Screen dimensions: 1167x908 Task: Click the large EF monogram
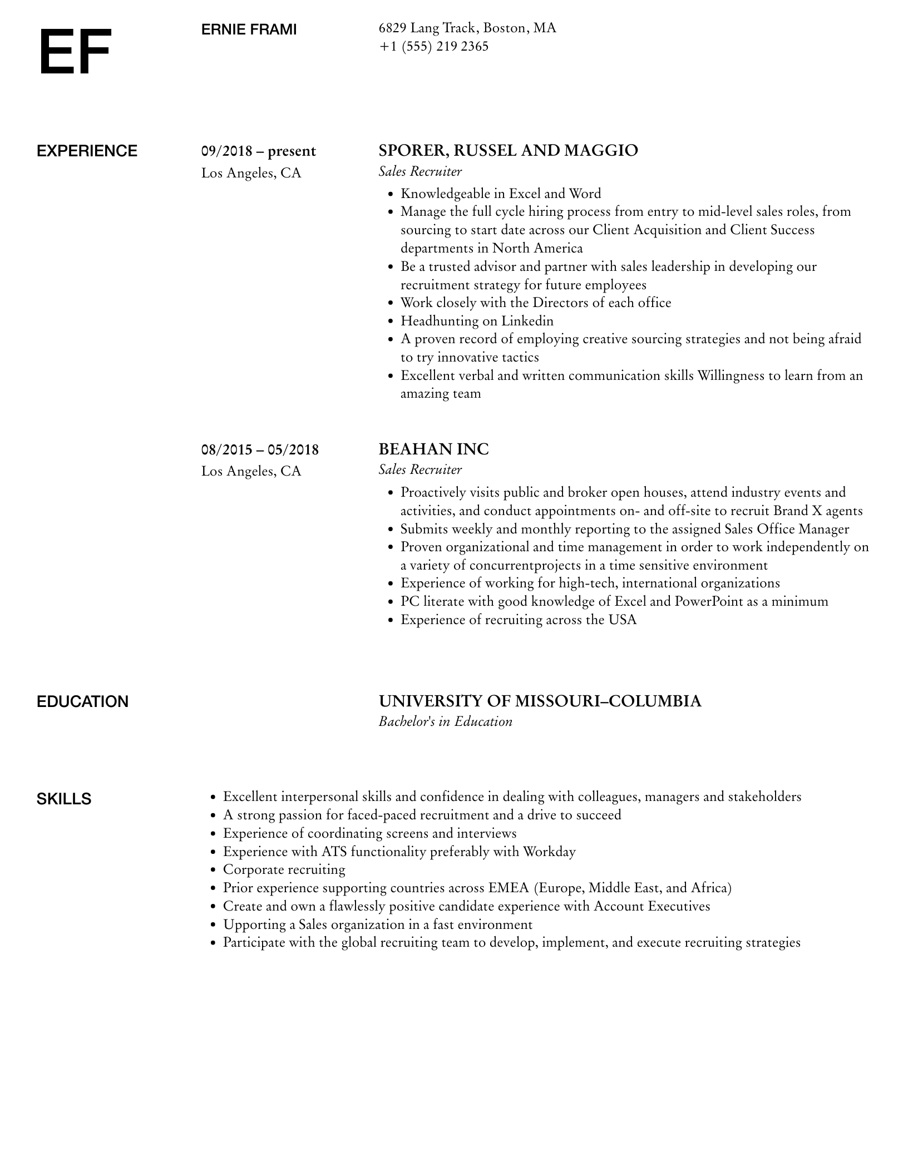click(75, 52)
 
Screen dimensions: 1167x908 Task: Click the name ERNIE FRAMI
click(249, 29)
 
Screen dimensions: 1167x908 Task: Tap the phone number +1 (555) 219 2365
click(433, 47)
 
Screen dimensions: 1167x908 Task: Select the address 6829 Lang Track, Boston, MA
click(467, 28)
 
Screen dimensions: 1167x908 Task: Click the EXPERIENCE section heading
click(87, 151)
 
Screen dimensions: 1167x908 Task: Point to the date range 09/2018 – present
click(258, 151)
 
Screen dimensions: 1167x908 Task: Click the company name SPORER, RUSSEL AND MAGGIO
click(508, 151)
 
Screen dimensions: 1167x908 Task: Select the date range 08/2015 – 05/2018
click(260, 449)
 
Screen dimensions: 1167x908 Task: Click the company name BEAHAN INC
click(433, 449)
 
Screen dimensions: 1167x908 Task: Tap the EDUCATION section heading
click(82, 701)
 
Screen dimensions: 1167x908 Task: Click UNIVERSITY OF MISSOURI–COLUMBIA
click(540, 701)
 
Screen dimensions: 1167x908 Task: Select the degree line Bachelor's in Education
click(445, 721)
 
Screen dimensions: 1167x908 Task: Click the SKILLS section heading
click(64, 799)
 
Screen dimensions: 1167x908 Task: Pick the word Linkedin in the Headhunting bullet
click(527, 321)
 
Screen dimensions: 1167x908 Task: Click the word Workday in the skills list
click(549, 852)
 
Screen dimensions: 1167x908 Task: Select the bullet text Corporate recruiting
click(284, 869)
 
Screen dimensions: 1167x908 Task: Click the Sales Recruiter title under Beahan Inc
click(420, 469)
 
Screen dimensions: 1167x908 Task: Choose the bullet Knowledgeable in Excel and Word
click(500, 194)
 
